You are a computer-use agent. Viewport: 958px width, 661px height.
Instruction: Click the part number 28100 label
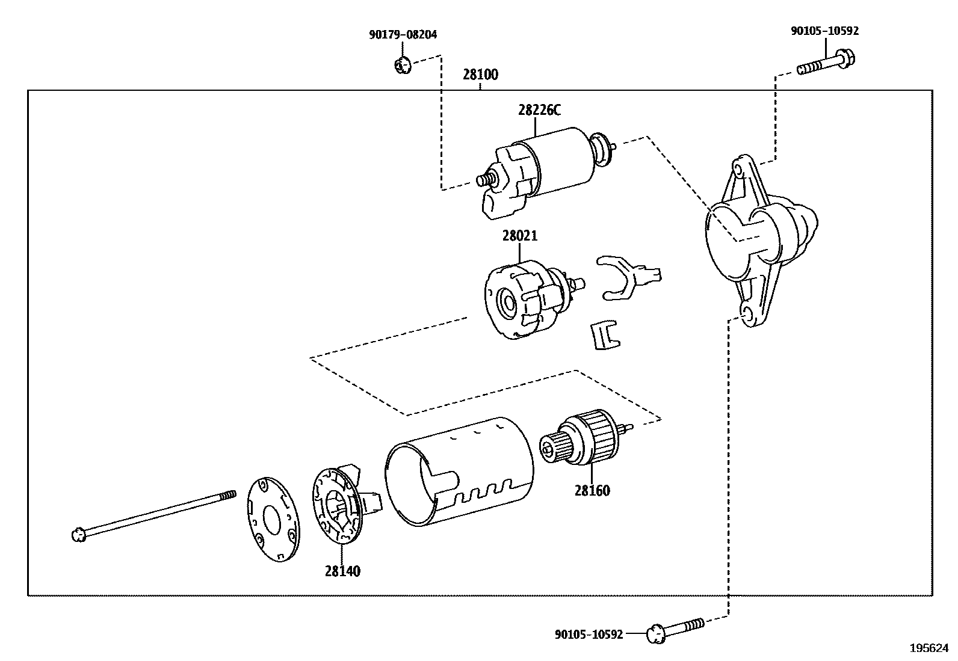[480, 75]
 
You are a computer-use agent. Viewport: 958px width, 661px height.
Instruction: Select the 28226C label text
[539, 110]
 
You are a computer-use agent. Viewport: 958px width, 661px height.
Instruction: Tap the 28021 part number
[519, 236]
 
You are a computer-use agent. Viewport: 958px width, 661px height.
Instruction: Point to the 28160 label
[592, 491]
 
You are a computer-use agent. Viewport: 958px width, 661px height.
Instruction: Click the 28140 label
[342, 571]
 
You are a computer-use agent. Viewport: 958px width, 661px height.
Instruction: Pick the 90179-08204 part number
[403, 35]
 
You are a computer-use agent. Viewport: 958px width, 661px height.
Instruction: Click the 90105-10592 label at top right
[824, 31]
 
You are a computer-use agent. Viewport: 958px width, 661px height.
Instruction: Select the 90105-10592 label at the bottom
[589, 635]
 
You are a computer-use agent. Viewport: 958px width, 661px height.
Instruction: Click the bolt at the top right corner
[827, 63]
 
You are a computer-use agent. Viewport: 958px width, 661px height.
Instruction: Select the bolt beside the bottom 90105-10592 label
[674, 629]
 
